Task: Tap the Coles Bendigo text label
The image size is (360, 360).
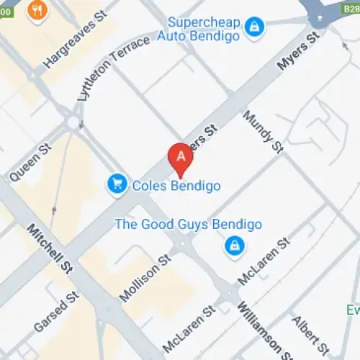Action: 176,186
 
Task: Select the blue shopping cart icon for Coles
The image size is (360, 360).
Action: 117,185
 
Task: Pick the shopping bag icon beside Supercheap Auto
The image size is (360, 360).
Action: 253,28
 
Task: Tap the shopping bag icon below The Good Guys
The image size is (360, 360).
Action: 233,247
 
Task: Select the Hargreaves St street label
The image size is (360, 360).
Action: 81,40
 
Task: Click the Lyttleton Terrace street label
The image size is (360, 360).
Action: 115,72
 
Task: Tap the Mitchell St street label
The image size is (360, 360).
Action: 51,248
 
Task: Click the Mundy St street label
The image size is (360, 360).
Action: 263,131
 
